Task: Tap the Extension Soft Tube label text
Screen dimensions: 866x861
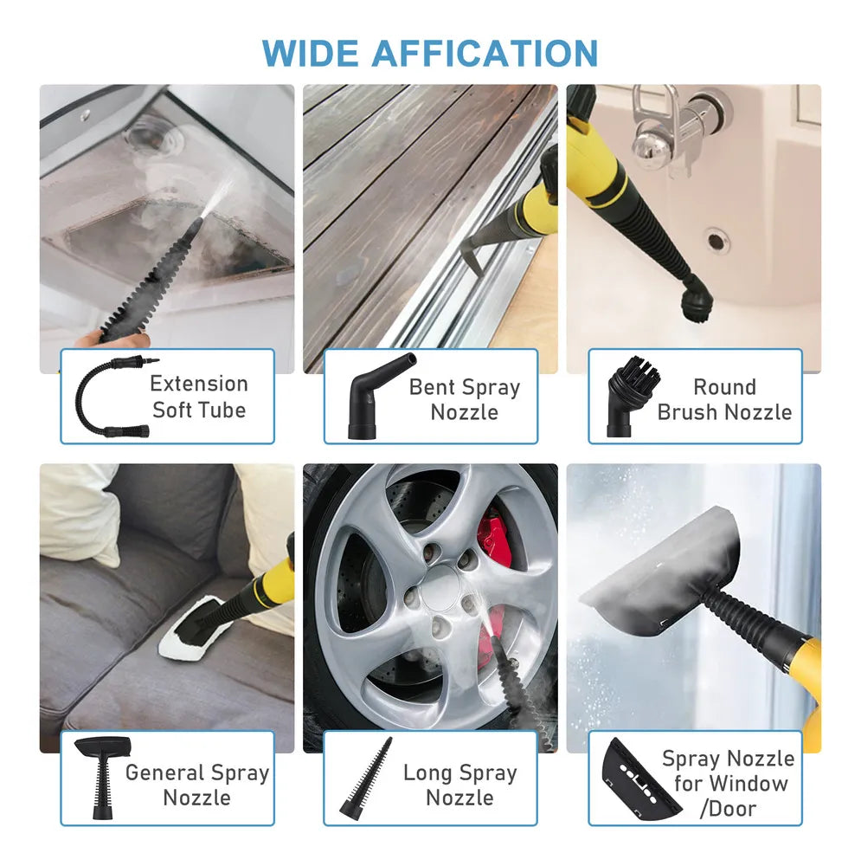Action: click(x=199, y=397)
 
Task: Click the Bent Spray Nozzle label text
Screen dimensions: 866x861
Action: click(x=464, y=399)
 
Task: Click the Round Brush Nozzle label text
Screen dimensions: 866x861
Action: click(x=725, y=399)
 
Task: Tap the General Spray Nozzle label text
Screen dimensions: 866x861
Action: click(x=197, y=785)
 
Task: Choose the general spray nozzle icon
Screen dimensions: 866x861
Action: click(x=103, y=775)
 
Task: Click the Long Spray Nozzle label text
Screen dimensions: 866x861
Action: click(x=459, y=785)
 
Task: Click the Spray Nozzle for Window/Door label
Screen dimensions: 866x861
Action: click(x=727, y=784)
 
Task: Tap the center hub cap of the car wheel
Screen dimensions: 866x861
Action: click(x=440, y=589)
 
